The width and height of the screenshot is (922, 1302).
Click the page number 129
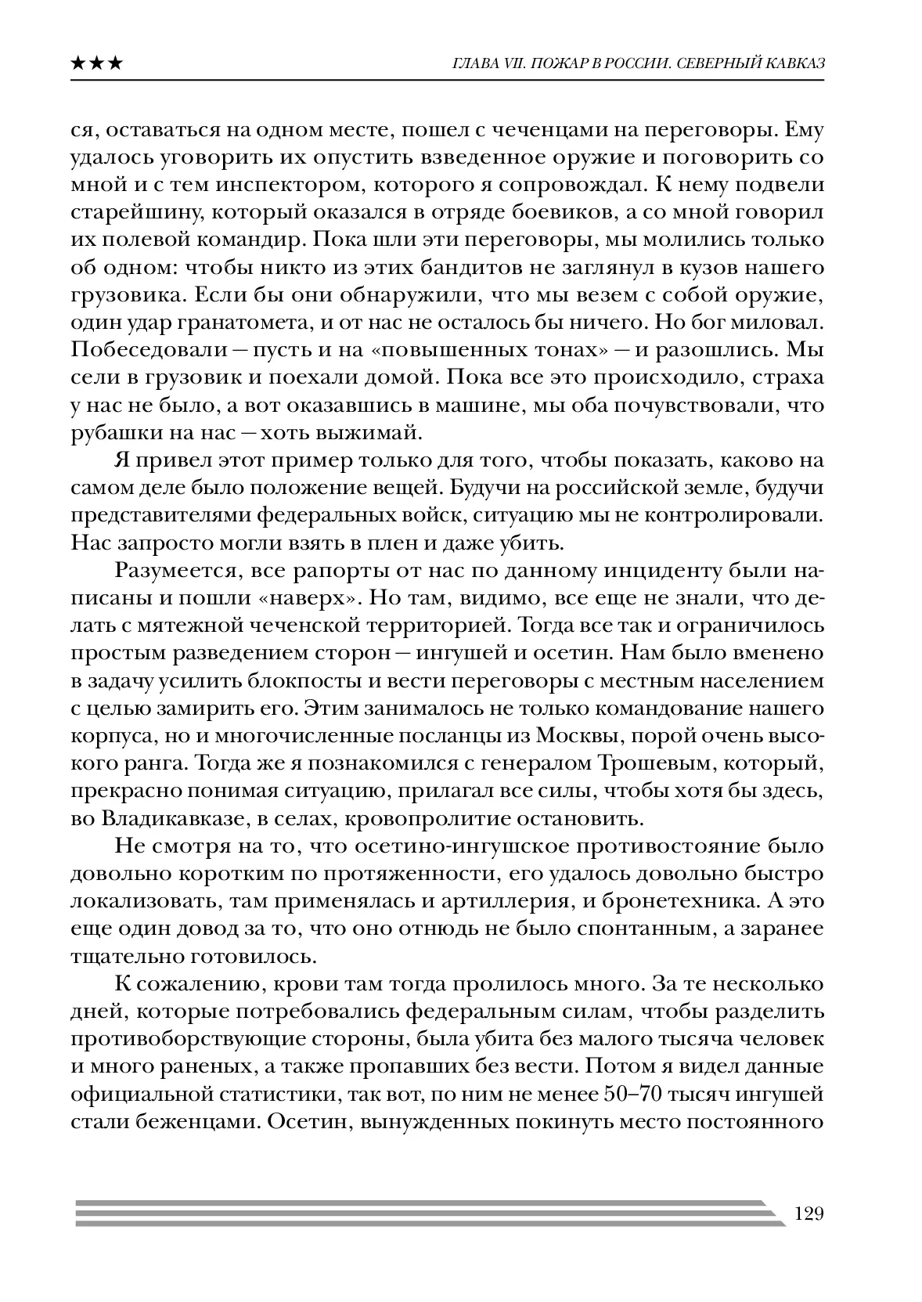click(809, 1214)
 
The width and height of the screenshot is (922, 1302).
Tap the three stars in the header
click(96, 63)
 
